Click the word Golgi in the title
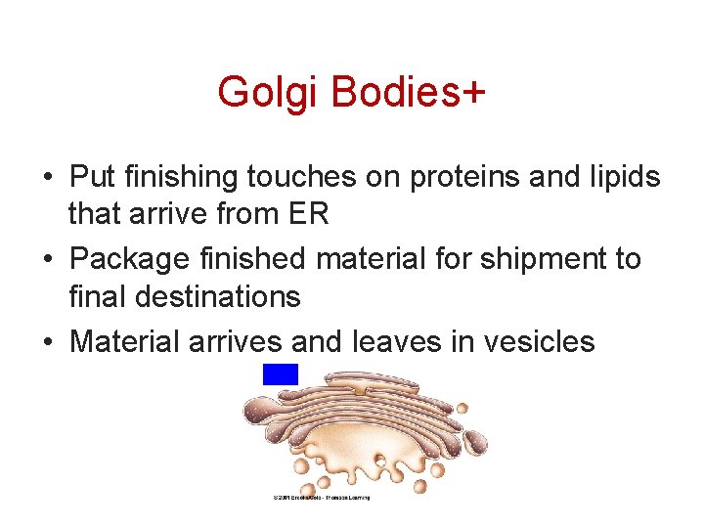point(269,93)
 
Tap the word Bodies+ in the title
point(408,93)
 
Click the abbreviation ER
point(307,213)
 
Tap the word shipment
point(537,259)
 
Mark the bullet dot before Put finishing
point(47,179)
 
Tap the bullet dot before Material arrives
point(47,343)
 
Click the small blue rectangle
point(281,374)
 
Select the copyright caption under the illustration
point(322,498)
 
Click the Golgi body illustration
point(362,430)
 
